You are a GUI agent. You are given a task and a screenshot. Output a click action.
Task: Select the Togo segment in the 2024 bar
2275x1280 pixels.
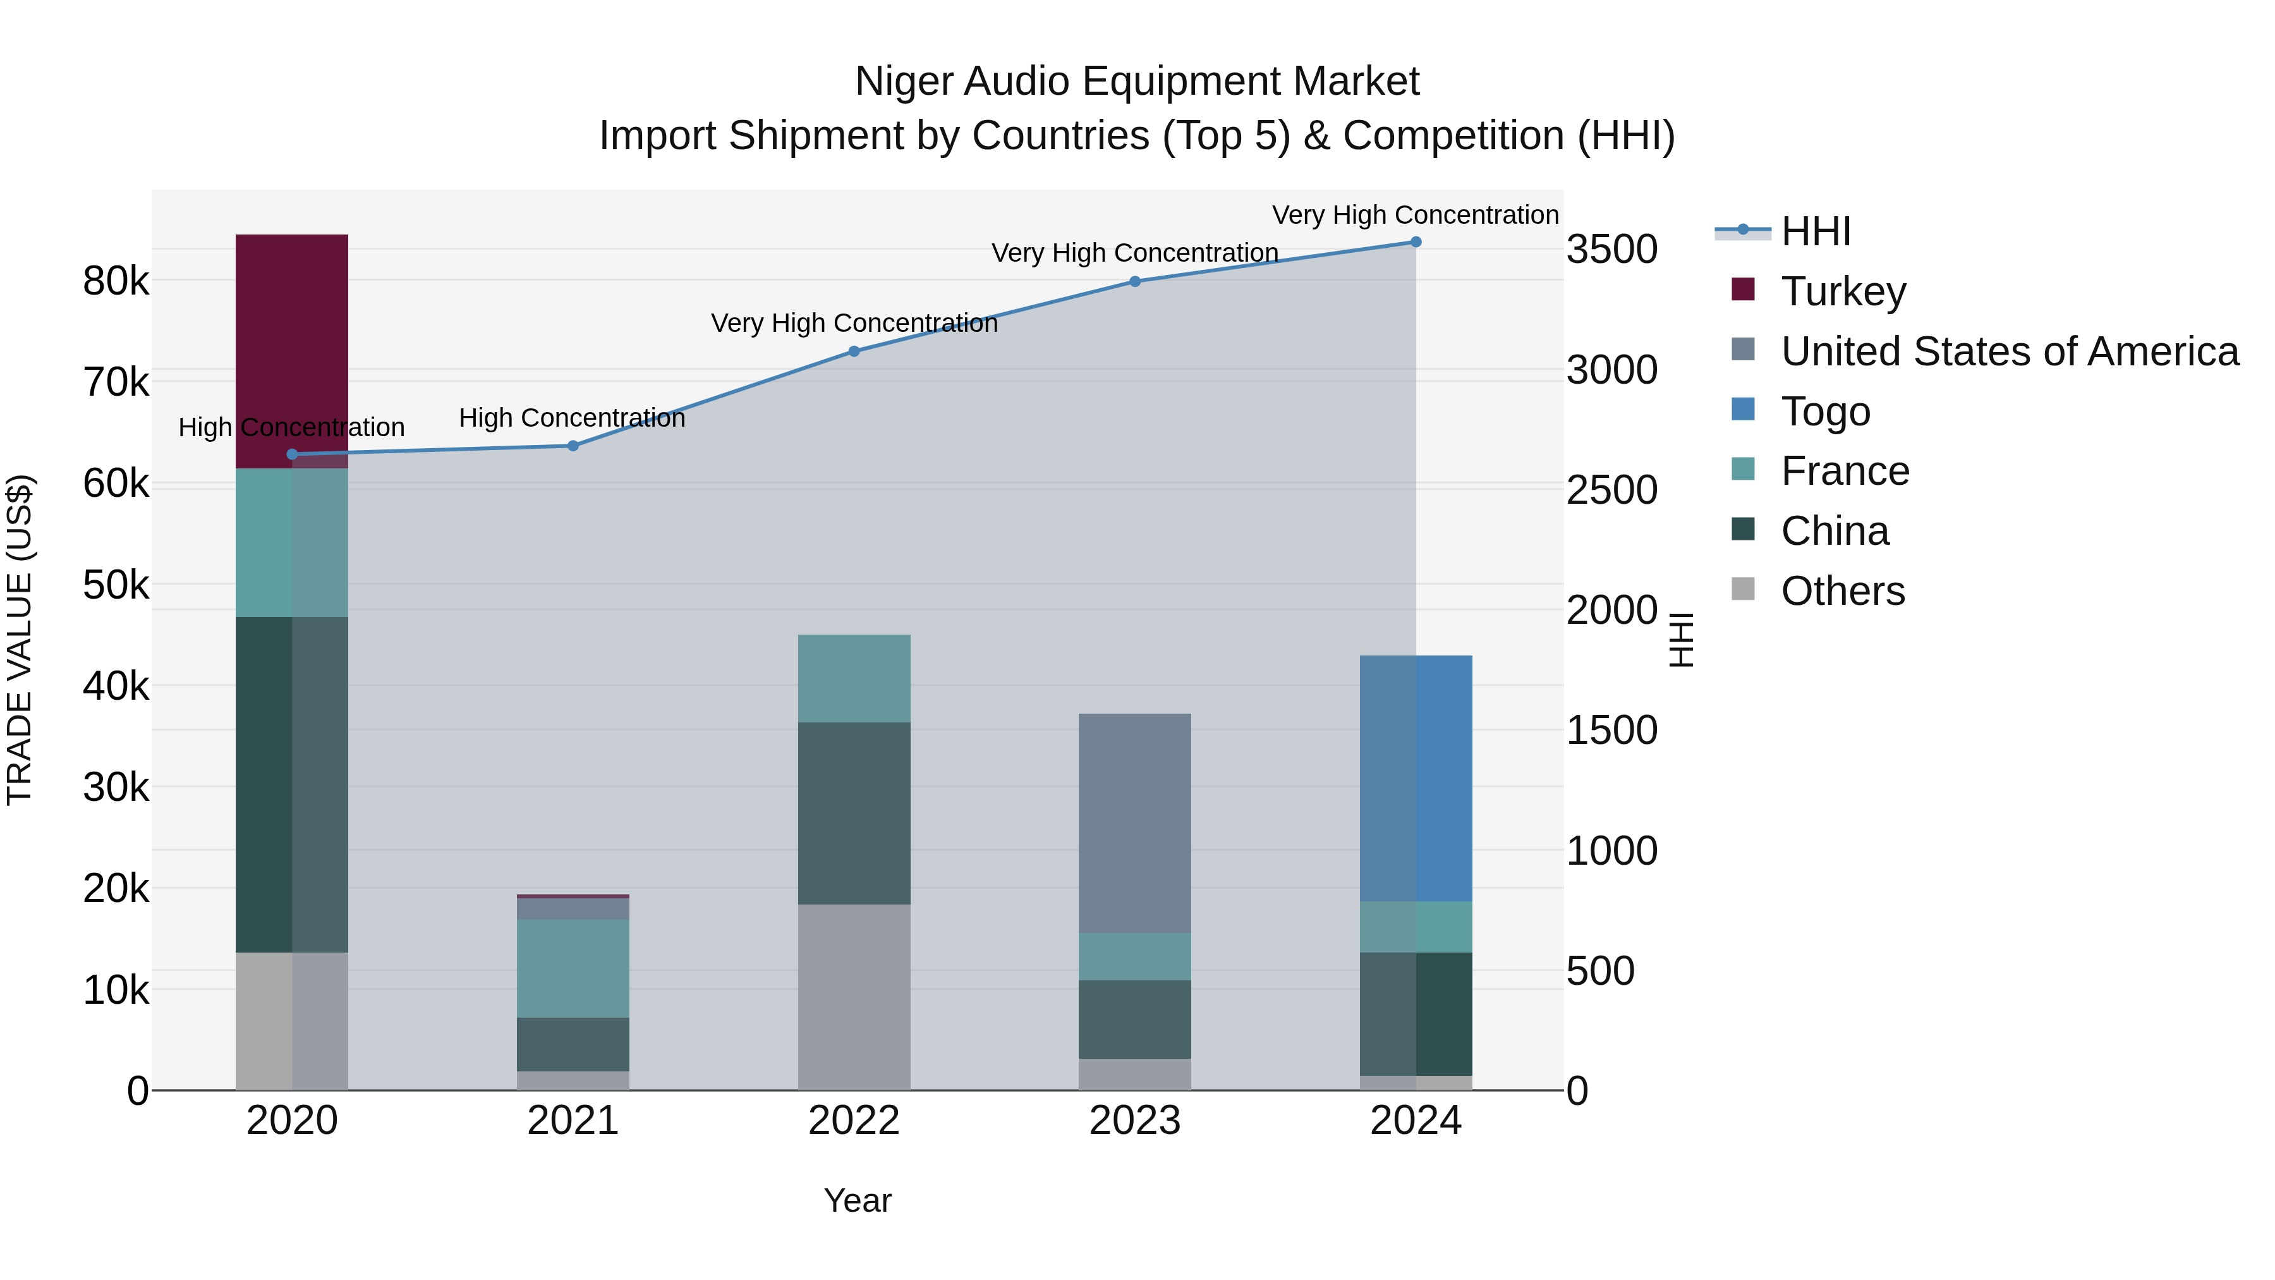pyautogui.click(x=1415, y=777)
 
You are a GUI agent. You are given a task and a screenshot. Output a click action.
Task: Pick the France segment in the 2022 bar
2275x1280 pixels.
pyautogui.click(x=853, y=678)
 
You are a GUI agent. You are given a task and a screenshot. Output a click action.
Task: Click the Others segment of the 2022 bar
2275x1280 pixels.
pyautogui.click(x=853, y=996)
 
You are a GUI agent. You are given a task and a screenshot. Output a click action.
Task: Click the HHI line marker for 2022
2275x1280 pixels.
pyautogui.click(x=853, y=351)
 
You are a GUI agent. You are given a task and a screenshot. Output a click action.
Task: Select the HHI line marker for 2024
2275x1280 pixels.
pyautogui.click(x=1415, y=242)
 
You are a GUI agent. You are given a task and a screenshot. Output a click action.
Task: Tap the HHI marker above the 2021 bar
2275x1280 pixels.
pyautogui.click(x=573, y=446)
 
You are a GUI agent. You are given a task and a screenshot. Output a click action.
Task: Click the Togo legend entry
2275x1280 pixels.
pyautogui.click(x=1824, y=411)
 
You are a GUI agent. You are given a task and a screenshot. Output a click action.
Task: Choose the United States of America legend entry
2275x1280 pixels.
pyautogui.click(x=2009, y=351)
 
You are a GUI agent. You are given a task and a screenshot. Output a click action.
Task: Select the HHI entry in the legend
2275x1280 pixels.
pyautogui.click(x=1815, y=231)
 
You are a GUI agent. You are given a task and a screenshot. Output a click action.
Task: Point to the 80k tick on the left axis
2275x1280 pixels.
pyautogui.click(x=116, y=282)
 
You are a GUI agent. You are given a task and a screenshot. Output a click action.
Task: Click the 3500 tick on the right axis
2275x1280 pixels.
pyautogui.click(x=1611, y=249)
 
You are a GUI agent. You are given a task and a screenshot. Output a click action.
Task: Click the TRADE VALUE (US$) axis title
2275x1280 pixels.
pyautogui.click(x=20, y=640)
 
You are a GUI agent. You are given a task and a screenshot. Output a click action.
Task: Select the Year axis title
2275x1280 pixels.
pyautogui.click(x=857, y=1200)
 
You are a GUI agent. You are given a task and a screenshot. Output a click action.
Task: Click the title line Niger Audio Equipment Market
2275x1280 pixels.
pyautogui.click(x=1137, y=82)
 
